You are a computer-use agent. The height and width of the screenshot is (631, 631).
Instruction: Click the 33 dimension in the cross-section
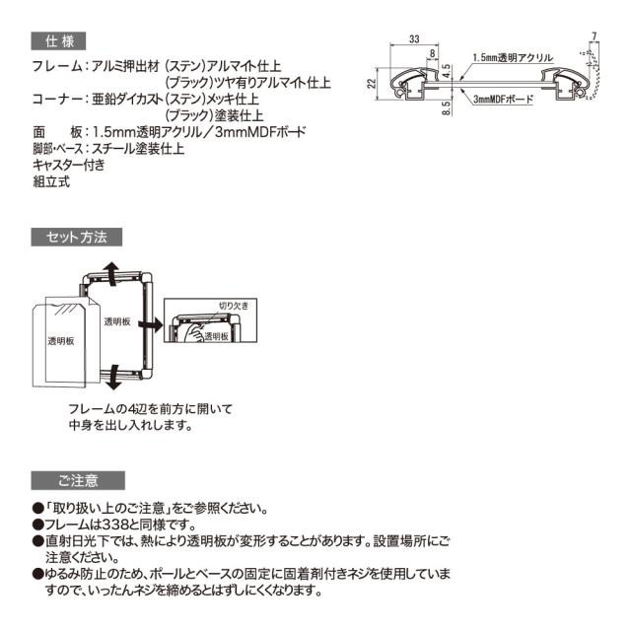413,40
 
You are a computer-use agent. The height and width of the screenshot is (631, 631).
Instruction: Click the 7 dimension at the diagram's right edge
595,36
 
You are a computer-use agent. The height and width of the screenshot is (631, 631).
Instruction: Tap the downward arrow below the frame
113,376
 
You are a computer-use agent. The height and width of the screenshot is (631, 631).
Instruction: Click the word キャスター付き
69,165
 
